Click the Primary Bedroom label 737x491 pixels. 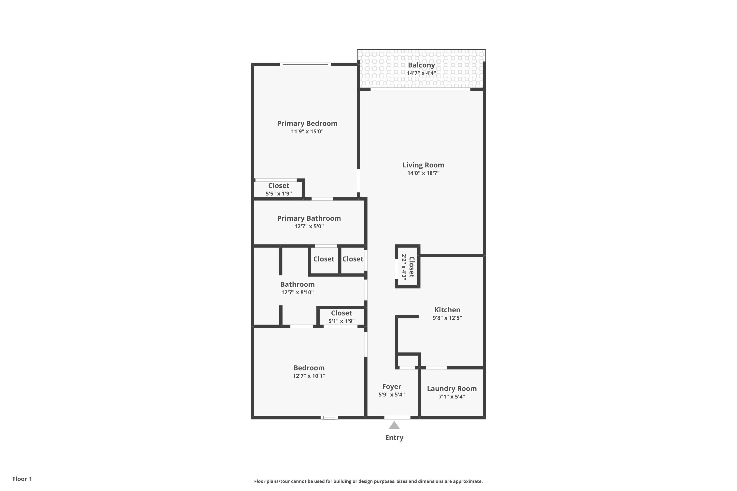pyautogui.click(x=307, y=123)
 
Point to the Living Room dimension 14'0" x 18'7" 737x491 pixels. pyautogui.click(x=423, y=173)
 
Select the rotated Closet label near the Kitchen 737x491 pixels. pyautogui.click(x=412, y=267)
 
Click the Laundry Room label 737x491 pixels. pyautogui.click(x=452, y=389)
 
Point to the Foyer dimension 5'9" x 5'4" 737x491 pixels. pyautogui.click(x=391, y=395)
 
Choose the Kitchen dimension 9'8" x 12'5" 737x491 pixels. pyautogui.click(x=447, y=318)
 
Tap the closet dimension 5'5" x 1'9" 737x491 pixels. pyautogui.click(x=279, y=193)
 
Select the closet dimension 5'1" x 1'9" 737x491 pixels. pyautogui.click(x=341, y=321)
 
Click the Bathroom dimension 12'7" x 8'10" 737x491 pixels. pyautogui.click(x=297, y=292)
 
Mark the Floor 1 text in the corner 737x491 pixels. pyautogui.click(x=22, y=479)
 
